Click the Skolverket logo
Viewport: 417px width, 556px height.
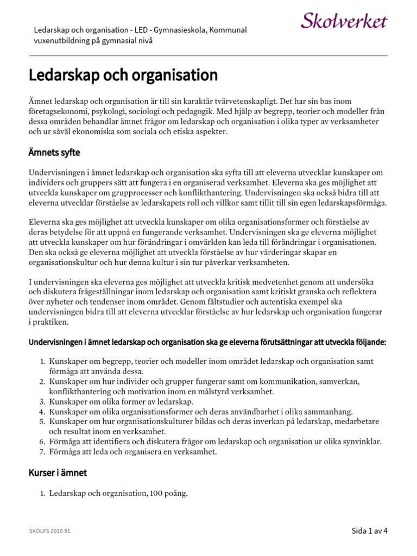(344, 22)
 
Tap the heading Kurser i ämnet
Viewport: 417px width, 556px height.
(58, 472)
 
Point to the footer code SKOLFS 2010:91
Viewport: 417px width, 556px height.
(50, 530)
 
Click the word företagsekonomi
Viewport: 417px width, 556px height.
(56, 111)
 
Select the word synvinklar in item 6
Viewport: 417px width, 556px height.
(361, 441)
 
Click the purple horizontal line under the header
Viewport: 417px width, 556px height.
(208, 55)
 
